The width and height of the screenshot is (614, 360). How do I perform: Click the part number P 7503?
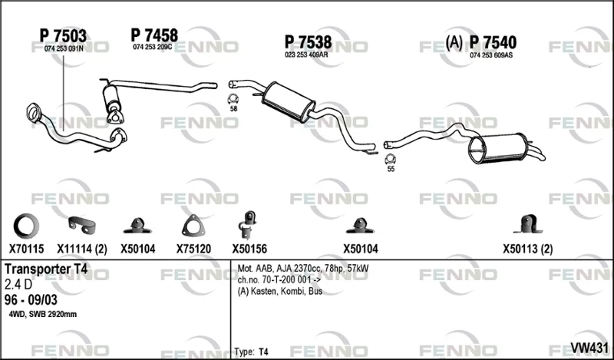point(63,36)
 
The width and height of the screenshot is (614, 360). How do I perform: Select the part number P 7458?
point(154,35)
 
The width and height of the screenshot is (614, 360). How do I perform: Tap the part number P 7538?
point(309,42)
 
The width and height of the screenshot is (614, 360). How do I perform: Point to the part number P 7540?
point(493,42)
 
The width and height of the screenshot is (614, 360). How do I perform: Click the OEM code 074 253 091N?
point(64,49)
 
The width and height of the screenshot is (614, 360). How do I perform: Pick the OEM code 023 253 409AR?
point(306,55)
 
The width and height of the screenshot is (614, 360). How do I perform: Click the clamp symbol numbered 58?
point(234,100)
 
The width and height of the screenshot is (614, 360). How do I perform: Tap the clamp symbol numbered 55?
point(391,159)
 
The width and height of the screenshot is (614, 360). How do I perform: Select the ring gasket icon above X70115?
point(26,226)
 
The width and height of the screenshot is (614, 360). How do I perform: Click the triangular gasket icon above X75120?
point(193,226)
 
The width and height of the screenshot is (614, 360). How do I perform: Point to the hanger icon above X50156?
point(247,225)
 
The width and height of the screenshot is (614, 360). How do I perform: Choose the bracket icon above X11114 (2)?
point(82,224)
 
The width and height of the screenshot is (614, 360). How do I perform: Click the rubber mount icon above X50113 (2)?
point(528,224)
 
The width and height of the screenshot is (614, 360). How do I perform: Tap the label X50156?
point(249,249)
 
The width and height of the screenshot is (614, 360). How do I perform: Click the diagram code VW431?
point(589,348)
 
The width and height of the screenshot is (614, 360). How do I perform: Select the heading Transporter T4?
point(46,269)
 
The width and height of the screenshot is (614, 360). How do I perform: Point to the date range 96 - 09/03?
point(31,300)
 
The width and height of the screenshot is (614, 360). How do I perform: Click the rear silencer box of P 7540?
point(498,148)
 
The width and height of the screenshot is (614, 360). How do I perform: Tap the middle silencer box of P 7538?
point(289,102)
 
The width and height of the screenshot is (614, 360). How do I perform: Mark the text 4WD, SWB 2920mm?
point(43,314)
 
